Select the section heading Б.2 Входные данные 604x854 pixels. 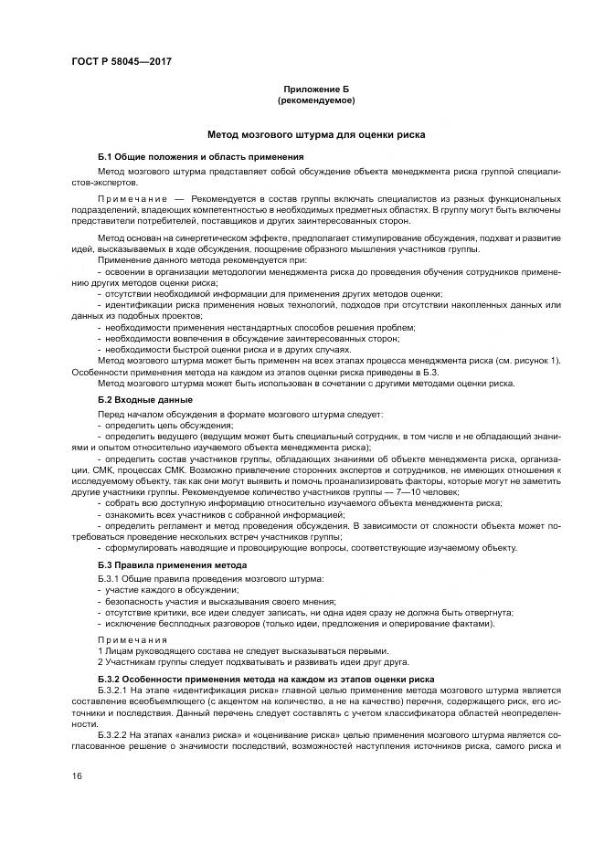pyautogui.click(x=144, y=399)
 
